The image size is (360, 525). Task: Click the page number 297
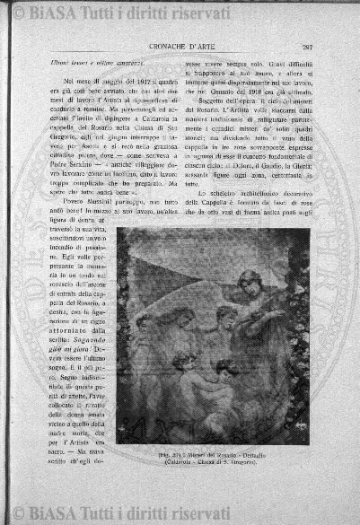click(307, 47)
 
